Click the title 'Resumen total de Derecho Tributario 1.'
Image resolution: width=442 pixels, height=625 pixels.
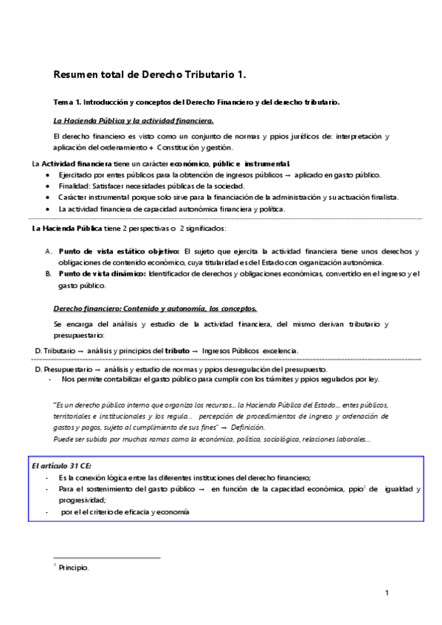tap(150, 74)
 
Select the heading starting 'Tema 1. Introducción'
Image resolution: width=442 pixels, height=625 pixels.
tap(196, 102)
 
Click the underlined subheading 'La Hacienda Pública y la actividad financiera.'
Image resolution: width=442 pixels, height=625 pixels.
tap(134, 119)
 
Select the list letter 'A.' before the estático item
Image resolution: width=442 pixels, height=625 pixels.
tap(48, 251)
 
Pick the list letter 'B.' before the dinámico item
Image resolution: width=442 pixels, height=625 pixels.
tap(48, 273)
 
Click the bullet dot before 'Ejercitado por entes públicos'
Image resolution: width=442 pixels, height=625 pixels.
tap(48, 175)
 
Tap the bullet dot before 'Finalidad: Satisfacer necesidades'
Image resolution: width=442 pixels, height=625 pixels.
tap(48, 186)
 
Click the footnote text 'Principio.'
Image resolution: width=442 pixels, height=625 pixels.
tap(74, 568)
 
